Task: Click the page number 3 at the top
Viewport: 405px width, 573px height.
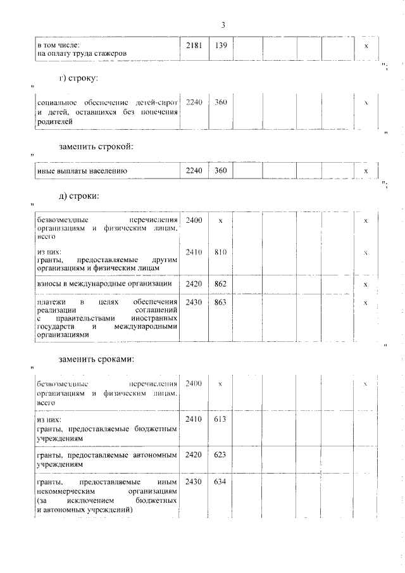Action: pos(223,25)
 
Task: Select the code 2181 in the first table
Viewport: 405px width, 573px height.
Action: pos(194,46)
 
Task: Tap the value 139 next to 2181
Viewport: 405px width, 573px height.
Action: pos(221,46)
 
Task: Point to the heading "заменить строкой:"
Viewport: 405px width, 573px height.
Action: pos(96,147)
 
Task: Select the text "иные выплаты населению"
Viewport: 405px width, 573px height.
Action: pos(82,171)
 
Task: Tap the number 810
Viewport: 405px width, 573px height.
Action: pos(221,252)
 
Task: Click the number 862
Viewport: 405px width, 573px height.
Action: pos(221,284)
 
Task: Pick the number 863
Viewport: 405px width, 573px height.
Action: pos(221,303)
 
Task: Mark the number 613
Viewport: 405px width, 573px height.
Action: pos(221,419)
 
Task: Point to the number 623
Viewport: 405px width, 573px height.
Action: pos(221,454)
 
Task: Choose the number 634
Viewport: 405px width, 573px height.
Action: pos(221,482)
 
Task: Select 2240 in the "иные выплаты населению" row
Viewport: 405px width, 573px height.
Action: pos(194,171)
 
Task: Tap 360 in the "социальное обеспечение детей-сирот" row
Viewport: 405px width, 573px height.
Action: pos(221,102)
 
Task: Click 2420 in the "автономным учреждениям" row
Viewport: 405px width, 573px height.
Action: pos(194,454)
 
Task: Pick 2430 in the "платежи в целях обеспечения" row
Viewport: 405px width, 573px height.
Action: pos(194,303)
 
